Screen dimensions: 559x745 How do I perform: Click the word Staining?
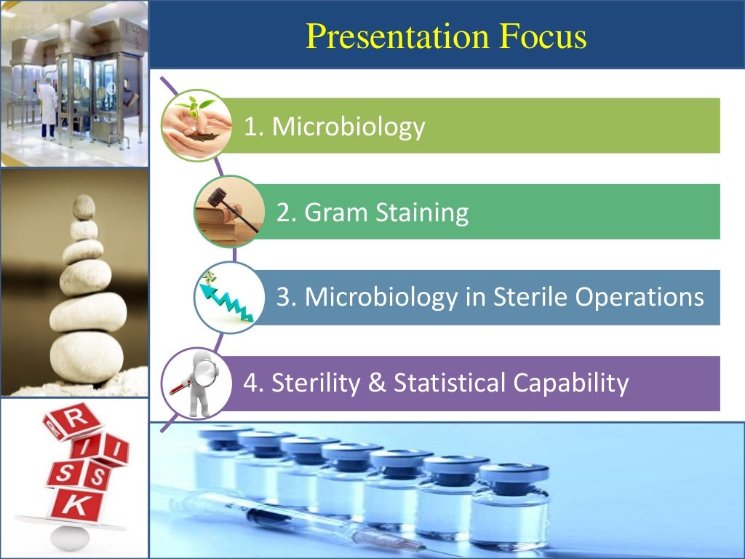point(422,213)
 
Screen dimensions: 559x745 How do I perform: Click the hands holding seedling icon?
point(194,124)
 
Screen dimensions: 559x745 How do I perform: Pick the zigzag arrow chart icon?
point(228,297)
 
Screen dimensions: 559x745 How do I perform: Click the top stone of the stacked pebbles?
point(84,206)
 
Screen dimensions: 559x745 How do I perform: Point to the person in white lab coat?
point(48,109)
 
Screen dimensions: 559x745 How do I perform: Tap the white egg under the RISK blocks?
point(70,537)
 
